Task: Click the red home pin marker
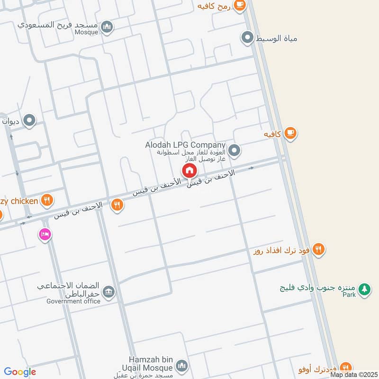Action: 189,171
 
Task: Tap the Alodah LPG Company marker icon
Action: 234,151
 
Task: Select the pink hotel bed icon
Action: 45,235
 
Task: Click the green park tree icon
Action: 364,289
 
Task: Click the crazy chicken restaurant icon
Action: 46,200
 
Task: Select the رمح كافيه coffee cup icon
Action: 240,5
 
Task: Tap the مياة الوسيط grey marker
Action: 247,37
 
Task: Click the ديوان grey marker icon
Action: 29,121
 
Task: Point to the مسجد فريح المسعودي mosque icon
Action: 108,27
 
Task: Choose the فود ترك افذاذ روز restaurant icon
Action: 319,249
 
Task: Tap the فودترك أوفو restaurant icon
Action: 346,367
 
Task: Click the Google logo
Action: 20,372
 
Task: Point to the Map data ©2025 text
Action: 354,375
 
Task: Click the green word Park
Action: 349,295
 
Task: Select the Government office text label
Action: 73,301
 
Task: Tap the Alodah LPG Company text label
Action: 185,145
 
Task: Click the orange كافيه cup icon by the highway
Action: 290,134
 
